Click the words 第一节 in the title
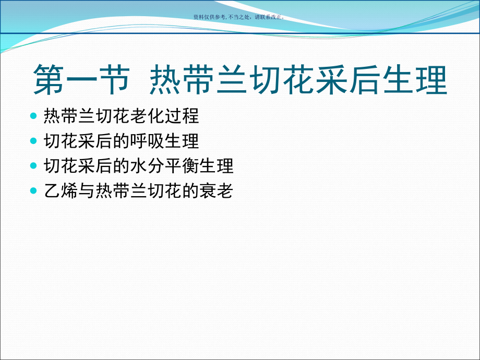click(x=81, y=79)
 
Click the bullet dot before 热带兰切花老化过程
click(x=34, y=115)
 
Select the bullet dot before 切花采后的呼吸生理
click(x=34, y=141)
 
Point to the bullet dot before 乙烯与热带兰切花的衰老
click(x=34, y=191)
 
